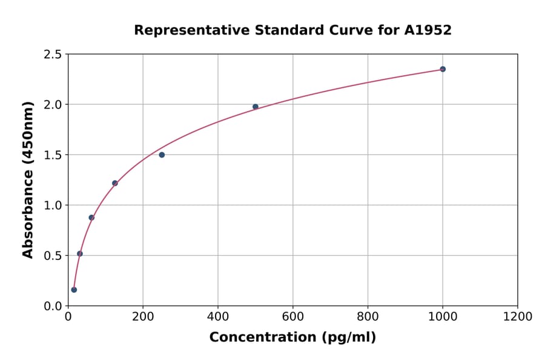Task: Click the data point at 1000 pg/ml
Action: (443, 69)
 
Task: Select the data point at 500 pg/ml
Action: (256, 107)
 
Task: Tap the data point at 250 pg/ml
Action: (162, 155)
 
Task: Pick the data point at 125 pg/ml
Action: (115, 183)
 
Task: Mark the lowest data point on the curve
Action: (74, 290)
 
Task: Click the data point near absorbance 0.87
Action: (91, 218)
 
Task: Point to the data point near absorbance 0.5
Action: (80, 254)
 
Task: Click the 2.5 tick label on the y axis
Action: (53, 55)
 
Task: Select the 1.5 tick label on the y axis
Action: (53, 155)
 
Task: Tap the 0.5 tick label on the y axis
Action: (53, 256)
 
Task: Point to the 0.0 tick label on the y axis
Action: (53, 306)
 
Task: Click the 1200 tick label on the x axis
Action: (518, 317)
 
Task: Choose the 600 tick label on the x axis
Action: (293, 317)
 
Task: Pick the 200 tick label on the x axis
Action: (143, 317)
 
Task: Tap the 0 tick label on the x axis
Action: (68, 317)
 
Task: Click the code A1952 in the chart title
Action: (428, 30)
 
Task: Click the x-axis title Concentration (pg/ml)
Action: (292, 338)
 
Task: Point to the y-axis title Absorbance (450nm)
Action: (28, 179)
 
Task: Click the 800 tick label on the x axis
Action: (368, 317)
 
